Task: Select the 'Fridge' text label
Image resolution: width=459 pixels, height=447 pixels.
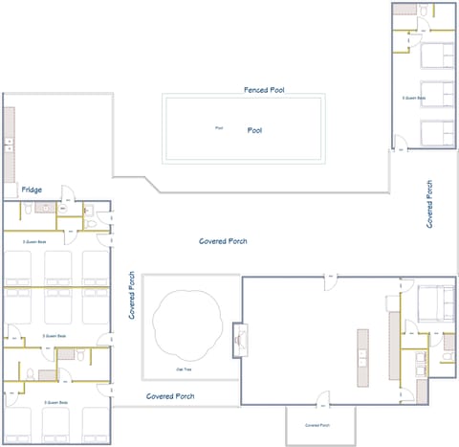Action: coord(32,190)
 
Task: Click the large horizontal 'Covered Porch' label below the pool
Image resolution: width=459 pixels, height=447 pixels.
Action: coord(223,241)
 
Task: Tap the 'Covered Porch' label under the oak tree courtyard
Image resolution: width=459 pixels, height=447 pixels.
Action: coord(170,395)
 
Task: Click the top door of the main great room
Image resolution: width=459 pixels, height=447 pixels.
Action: coord(330,278)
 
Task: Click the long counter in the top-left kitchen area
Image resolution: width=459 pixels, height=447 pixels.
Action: coord(9,144)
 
